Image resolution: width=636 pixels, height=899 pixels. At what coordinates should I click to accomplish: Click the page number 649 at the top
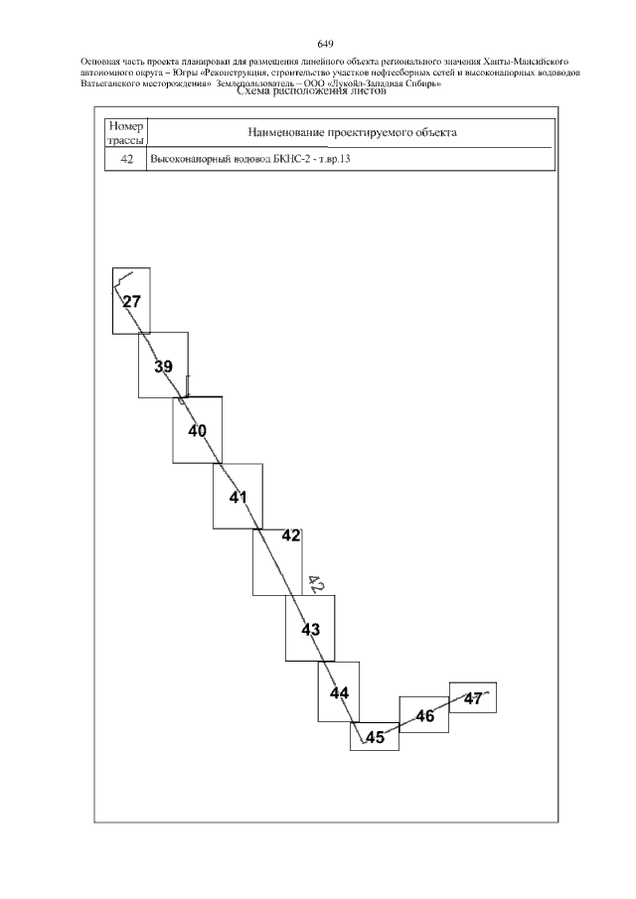pyautogui.click(x=325, y=44)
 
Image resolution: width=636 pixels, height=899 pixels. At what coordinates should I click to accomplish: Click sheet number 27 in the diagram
pyautogui.click(x=132, y=302)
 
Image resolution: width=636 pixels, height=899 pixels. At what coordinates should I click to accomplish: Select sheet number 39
pyautogui.click(x=163, y=367)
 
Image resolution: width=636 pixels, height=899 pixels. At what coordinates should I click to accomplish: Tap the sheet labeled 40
pyautogui.click(x=198, y=430)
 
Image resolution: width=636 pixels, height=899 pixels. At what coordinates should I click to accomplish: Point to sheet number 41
pyautogui.click(x=238, y=497)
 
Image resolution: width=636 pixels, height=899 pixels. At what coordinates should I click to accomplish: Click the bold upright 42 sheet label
pyautogui.click(x=291, y=535)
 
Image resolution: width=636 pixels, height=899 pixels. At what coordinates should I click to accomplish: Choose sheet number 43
pyautogui.click(x=311, y=630)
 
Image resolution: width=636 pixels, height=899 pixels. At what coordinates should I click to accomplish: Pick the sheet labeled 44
pyautogui.click(x=340, y=693)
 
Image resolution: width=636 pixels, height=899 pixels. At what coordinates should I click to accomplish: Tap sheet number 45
pyautogui.click(x=375, y=737)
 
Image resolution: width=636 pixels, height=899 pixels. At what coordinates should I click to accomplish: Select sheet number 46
pyautogui.click(x=425, y=716)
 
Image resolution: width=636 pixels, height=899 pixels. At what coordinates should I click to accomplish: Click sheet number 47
pyautogui.click(x=473, y=699)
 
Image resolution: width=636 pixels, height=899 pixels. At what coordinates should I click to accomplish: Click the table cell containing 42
pyautogui.click(x=127, y=159)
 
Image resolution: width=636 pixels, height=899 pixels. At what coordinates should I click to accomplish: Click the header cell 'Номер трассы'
pyautogui.click(x=126, y=133)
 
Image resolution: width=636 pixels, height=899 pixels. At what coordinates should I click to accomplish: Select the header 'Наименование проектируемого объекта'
pyautogui.click(x=352, y=133)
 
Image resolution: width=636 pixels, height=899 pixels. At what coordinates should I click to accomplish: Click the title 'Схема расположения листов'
pyautogui.click(x=307, y=91)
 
